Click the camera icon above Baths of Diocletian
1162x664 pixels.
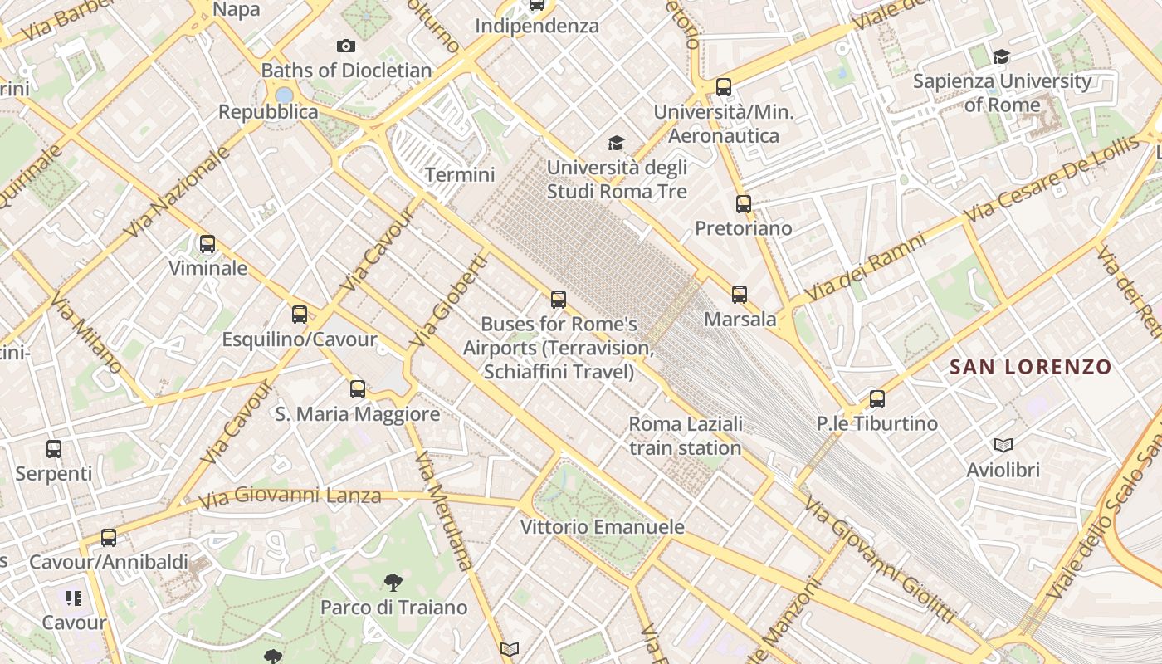(346, 46)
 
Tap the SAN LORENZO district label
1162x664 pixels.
(1030, 367)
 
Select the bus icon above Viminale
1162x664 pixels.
(207, 244)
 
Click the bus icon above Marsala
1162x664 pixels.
(740, 295)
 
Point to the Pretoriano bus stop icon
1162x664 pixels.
(744, 204)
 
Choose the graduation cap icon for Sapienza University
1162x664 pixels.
(1002, 57)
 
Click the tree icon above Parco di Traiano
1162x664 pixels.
(393, 583)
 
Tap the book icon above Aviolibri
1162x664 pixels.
(1003, 446)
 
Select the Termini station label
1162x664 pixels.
(460, 175)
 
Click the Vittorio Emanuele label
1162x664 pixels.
(603, 527)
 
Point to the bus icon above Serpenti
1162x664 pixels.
(54, 449)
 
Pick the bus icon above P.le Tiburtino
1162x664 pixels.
(877, 399)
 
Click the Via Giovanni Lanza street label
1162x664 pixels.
(290, 497)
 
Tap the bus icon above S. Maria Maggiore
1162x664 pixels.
(358, 389)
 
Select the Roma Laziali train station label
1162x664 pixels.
(686, 437)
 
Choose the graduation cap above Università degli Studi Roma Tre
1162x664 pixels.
(616, 144)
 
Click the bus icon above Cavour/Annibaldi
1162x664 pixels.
(109, 538)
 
